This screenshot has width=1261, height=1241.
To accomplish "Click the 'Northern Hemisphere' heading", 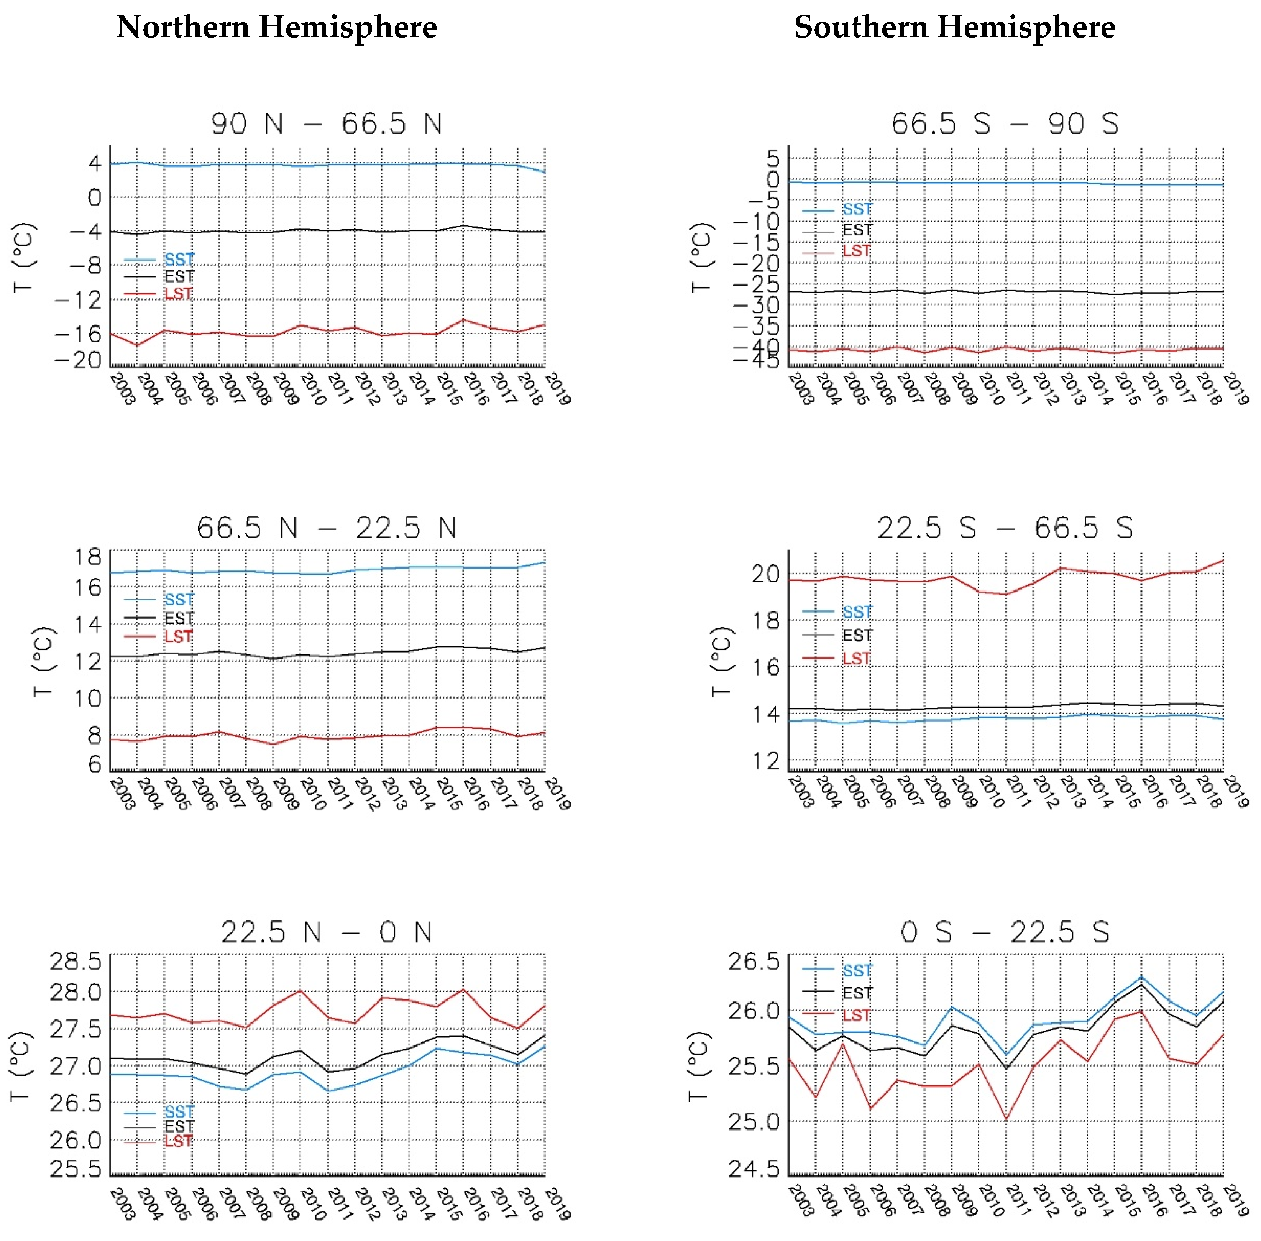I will pyautogui.click(x=276, y=27).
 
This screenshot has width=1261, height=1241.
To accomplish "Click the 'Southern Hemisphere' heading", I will pyautogui.click(x=954, y=27).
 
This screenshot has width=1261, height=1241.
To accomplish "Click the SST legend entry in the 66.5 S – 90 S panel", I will pyautogui.click(x=855, y=209).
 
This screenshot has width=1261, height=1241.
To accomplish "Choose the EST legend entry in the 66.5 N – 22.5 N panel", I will pyautogui.click(x=178, y=618).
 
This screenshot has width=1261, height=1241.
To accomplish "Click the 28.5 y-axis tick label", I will pyautogui.click(x=76, y=962).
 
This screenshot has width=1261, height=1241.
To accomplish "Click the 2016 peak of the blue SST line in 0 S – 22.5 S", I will pyautogui.click(x=1141, y=977).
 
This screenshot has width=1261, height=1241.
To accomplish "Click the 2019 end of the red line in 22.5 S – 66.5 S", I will pyautogui.click(x=1223, y=560).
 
